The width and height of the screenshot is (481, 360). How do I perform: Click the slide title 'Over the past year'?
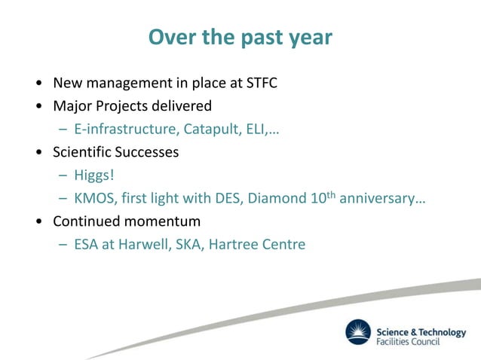point(240,37)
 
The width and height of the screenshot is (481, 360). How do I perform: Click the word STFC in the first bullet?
point(262,82)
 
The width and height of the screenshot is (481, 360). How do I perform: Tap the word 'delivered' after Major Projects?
point(182,105)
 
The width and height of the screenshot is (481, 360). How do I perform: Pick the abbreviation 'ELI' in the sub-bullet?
point(255,129)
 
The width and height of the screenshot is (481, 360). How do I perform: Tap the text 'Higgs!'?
point(93,176)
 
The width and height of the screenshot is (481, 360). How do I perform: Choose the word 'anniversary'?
point(375,200)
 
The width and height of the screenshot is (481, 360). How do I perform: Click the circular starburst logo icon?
point(359,332)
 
